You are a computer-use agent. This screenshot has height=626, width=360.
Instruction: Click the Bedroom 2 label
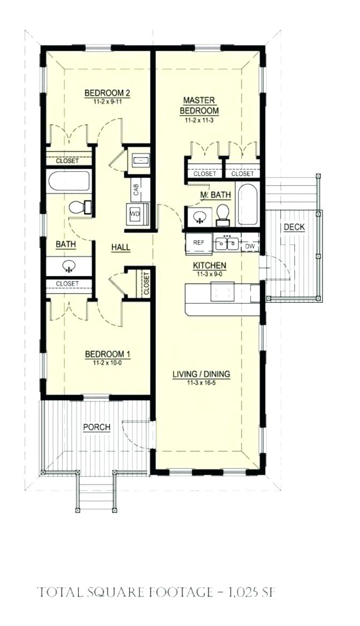coord(108,93)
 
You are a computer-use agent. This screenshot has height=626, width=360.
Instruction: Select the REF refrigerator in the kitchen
coord(198,243)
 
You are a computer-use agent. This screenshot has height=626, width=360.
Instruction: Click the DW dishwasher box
coord(250,245)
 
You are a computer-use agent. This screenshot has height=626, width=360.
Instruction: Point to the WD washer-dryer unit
coord(135,214)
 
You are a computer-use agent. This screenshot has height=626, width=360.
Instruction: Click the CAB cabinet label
coord(136,189)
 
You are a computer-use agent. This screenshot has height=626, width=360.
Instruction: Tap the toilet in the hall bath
coord(80,207)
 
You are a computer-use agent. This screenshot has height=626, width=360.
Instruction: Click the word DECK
coord(294,227)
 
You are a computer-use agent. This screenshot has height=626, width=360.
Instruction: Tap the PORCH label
coord(96,427)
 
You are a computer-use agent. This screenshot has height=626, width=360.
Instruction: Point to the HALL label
coord(121,247)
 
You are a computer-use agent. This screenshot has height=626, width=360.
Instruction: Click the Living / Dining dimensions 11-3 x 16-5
coord(201,383)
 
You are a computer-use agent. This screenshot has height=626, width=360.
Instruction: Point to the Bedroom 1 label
coord(108,354)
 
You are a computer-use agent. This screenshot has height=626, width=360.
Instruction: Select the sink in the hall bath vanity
coord(69,265)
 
